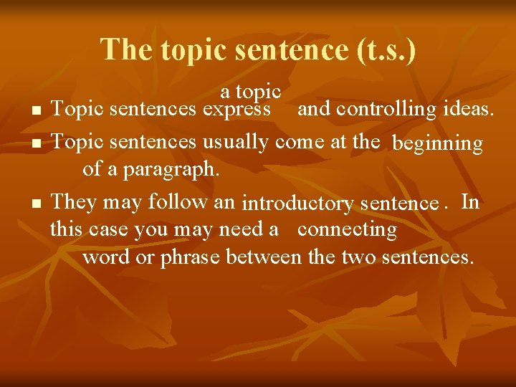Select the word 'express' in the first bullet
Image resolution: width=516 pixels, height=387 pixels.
click(x=236, y=110)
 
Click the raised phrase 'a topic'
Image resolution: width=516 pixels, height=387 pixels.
click(x=250, y=92)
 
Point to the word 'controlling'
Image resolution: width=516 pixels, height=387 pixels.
click(x=388, y=109)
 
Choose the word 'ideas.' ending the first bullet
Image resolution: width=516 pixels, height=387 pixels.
click(x=469, y=109)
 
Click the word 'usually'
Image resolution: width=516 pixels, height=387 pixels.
click(x=238, y=142)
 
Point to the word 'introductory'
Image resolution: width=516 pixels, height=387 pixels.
click(x=298, y=204)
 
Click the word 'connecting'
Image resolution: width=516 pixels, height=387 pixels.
click(x=347, y=229)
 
